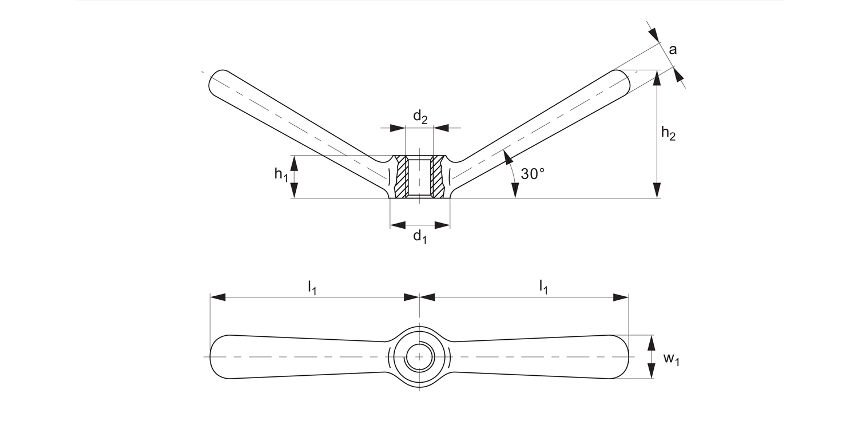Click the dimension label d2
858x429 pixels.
coord(420,117)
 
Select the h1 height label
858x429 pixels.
coord(281,175)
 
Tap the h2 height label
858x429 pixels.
coord(668,133)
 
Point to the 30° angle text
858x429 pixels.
coord(533,174)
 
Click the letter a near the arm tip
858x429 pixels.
coord(673,50)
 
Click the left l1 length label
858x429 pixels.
coord(312,288)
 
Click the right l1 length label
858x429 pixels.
coord(543,288)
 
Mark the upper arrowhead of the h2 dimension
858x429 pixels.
coord(657,77)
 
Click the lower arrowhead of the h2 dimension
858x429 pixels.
coord(657,191)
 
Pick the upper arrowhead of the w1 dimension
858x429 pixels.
coord(651,342)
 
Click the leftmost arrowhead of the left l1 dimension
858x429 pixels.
coord(218,297)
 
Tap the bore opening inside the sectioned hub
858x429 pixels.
coord(419,177)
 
